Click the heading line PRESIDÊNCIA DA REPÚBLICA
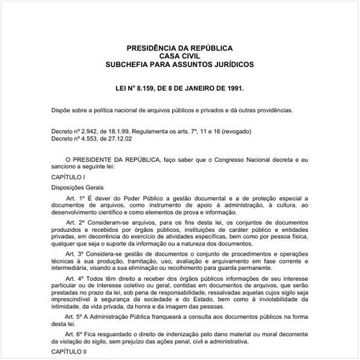tap(179, 47)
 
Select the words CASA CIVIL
tap(179, 55)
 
